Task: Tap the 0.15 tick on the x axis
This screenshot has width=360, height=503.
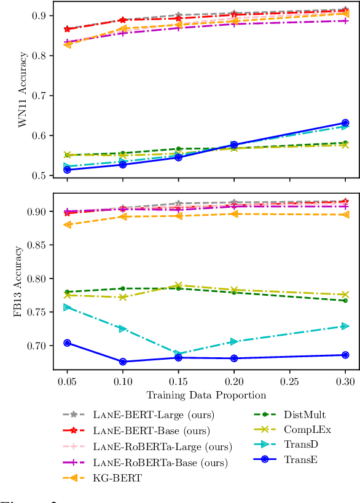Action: (x=178, y=381)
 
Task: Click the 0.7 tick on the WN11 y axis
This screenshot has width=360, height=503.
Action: (x=45, y=95)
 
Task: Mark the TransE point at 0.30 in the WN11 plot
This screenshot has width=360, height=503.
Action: (x=345, y=123)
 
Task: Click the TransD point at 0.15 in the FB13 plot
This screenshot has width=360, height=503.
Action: (x=178, y=354)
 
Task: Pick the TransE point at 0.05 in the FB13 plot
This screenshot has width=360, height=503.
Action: (x=68, y=343)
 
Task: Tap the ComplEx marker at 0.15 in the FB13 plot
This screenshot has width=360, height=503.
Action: (x=178, y=285)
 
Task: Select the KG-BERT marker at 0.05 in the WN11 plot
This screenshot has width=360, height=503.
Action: (x=68, y=44)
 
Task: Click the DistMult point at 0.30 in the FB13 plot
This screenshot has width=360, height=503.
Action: (x=345, y=300)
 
